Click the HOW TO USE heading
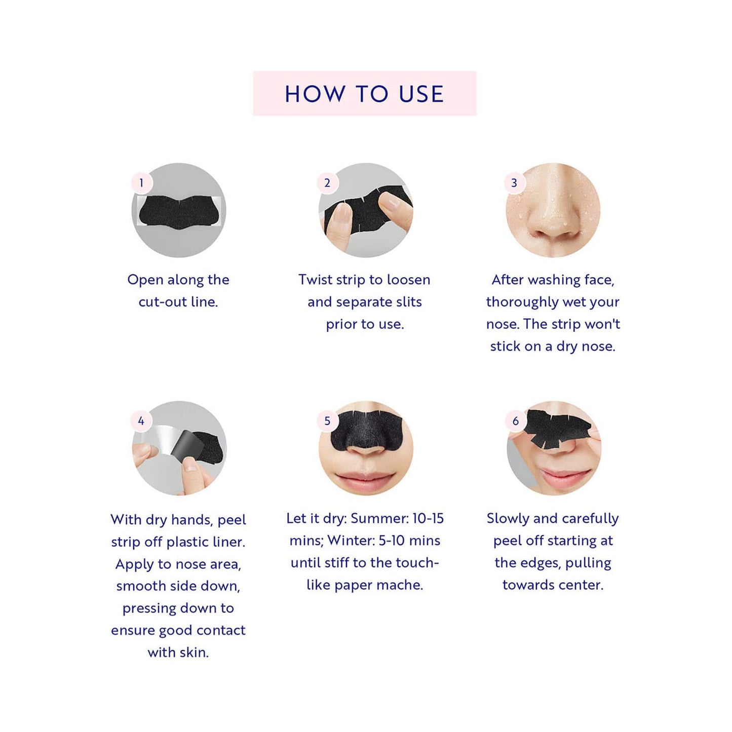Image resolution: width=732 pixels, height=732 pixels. coord(364,94)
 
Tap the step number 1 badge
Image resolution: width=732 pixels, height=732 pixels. coord(141,183)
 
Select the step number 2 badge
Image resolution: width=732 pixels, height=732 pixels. coord(327,183)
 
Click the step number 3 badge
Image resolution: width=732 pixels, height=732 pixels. coord(514,183)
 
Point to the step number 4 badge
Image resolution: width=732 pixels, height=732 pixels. coord(141,421)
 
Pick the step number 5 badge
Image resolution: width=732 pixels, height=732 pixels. coord(327,421)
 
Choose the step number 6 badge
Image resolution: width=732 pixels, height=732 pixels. coord(515,421)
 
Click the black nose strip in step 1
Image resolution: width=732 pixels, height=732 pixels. coord(180,212)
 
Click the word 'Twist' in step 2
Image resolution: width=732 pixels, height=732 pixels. coord(315,280)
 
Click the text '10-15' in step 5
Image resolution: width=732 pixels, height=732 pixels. coord(428,518)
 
